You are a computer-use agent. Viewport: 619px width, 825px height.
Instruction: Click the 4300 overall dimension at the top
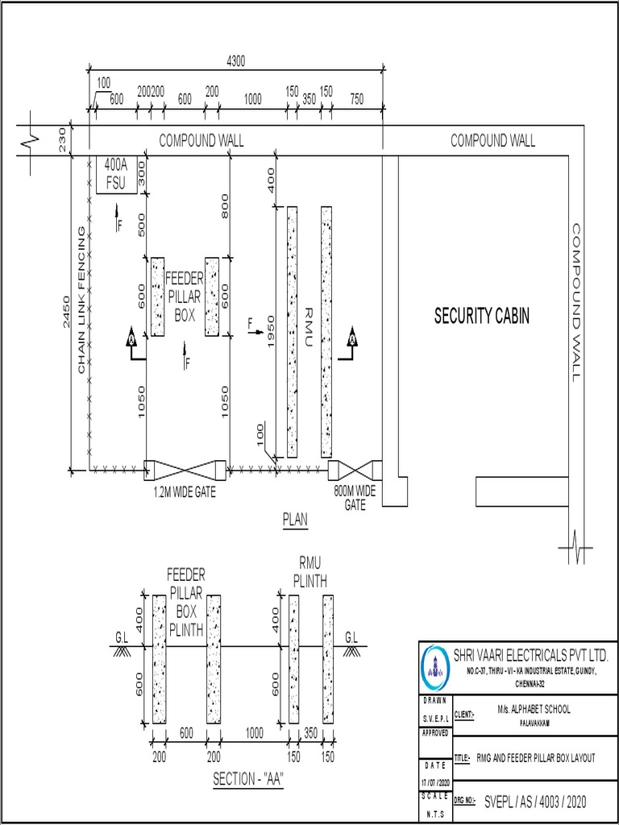[x=235, y=60]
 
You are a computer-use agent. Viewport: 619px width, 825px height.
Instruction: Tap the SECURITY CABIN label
[x=482, y=316]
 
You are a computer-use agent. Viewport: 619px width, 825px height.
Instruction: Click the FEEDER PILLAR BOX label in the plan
[x=185, y=297]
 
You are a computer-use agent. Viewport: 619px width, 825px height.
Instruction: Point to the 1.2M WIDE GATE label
[x=185, y=490]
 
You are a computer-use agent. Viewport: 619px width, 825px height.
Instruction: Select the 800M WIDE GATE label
[x=355, y=497]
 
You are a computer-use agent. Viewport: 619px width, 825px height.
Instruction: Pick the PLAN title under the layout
[x=295, y=520]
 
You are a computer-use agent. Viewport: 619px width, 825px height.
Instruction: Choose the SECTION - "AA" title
[x=248, y=780]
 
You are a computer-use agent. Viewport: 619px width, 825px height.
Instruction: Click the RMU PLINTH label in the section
[x=309, y=572]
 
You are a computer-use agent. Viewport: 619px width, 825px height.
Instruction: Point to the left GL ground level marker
[x=121, y=637]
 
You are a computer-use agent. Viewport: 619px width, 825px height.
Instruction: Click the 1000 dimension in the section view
[x=255, y=732]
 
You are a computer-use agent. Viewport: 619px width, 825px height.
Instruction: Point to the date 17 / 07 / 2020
[x=434, y=783]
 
